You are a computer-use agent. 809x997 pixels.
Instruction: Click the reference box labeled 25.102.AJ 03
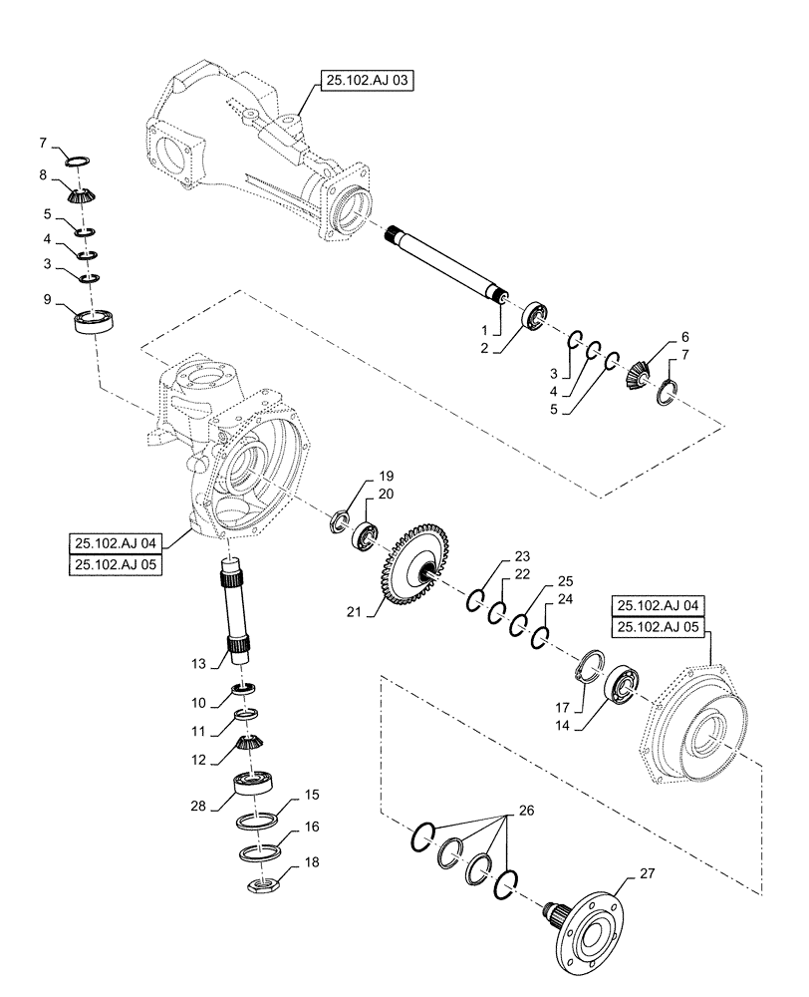point(366,81)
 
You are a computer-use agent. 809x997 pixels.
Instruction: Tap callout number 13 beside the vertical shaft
point(198,663)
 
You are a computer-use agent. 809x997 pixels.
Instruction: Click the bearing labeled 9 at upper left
point(98,321)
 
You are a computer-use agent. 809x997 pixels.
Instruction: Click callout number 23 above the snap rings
point(522,557)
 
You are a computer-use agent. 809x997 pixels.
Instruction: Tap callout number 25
point(565,580)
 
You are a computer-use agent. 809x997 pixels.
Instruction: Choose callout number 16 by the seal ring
point(312,827)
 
